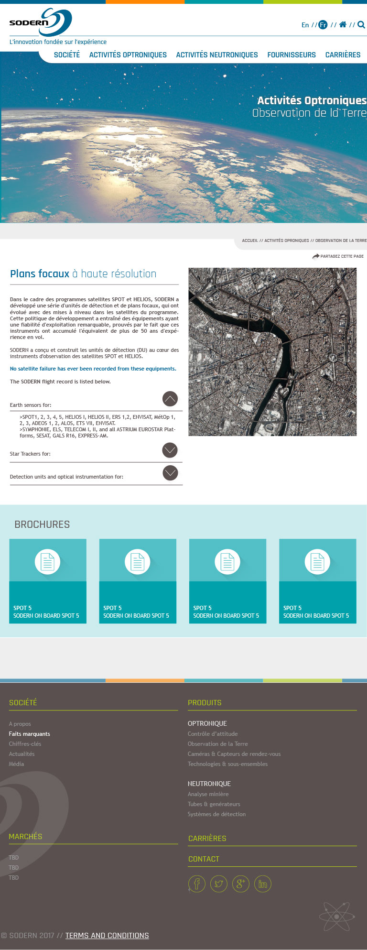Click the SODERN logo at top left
tap(40, 22)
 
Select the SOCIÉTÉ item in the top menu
tap(67, 55)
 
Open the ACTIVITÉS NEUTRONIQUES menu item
tap(217, 55)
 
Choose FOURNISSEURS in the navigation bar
tap(291, 55)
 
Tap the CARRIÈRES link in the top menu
tap(343, 55)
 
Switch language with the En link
tap(305, 25)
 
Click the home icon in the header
tap(343, 24)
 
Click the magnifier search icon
tap(361, 24)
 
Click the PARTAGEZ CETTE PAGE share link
tap(338, 256)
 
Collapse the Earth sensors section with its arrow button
tap(170, 399)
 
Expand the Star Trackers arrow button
tap(170, 450)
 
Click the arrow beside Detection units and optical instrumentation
tap(170, 473)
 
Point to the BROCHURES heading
tap(42, 524)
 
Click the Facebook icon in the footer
tap(196, 884)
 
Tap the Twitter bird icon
tap(218, 884)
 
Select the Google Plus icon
tap(240, 884)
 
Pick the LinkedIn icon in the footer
tap(262, 884)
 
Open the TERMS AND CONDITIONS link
tap(107, 936)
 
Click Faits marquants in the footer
tap(29, 734)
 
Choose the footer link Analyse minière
tap(208, 794)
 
